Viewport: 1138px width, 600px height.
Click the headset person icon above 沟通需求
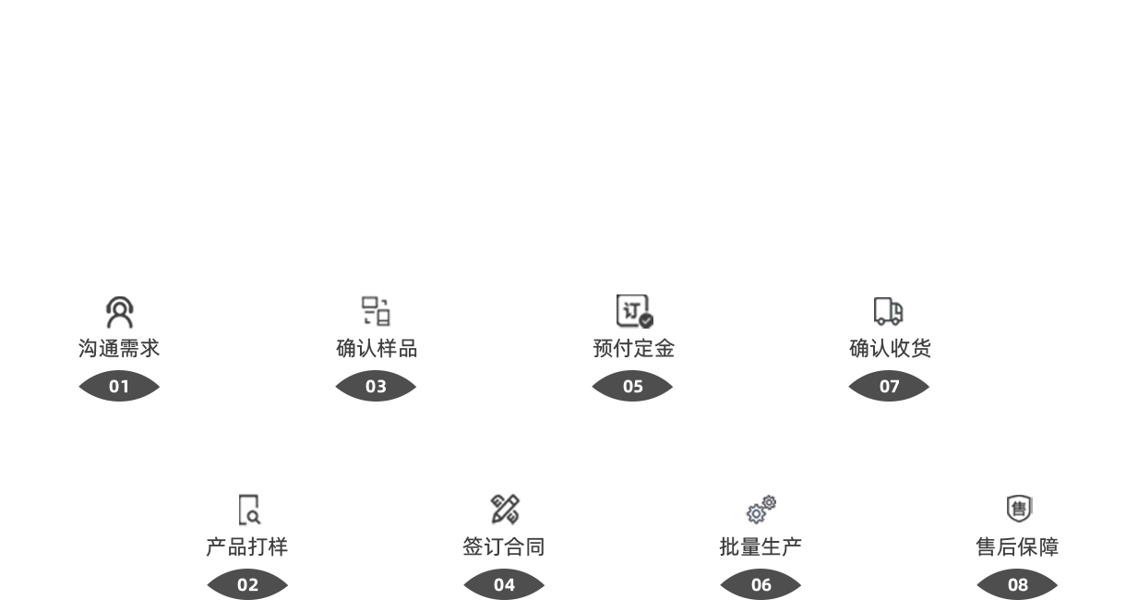pos(119,312)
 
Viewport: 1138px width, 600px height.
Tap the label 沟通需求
pos(119,349)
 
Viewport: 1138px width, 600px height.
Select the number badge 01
pos(119,387)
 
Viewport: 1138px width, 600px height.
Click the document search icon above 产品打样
pos(248,510)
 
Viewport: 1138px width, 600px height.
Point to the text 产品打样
pos(246,547)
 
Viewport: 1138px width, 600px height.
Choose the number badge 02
pos(247,585)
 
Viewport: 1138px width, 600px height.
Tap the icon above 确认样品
pos(376,311)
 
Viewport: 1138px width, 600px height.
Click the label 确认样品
pos(376,349)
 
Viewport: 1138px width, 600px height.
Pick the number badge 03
pos(376,387)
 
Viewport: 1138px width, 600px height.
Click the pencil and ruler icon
pos(505,510)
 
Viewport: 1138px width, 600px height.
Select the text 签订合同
pos(504,547)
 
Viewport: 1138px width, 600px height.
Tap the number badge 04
pos(504,585)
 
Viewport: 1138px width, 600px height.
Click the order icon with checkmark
pos(634,311)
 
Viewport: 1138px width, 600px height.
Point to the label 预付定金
pos(633,349)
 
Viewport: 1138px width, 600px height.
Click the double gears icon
pos(761,510)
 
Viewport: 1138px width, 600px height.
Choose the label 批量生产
pos(761,547)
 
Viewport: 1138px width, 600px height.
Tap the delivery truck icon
pos(889,312)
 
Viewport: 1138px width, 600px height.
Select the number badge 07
pos(889,387)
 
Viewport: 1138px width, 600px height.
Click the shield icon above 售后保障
pos(1018,509)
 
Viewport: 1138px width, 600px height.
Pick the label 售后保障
pos(1017,547)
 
